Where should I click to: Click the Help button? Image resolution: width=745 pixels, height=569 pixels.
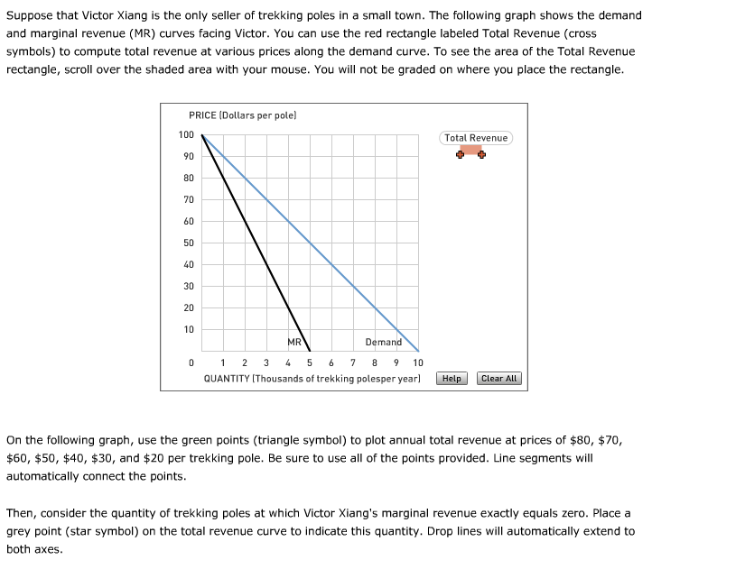(452, 379)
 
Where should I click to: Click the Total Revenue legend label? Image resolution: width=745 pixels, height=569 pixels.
(476, 138)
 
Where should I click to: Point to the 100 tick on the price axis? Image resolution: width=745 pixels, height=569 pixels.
(186, 135)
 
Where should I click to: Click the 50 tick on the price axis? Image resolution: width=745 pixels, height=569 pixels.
(188, 243)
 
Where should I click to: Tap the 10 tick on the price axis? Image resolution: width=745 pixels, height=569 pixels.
(188, 330)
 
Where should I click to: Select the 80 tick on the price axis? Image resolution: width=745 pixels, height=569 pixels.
(188, 179)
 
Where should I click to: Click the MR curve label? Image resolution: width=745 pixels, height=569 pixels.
(294, 343)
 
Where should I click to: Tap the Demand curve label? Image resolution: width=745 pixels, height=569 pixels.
(383, 343)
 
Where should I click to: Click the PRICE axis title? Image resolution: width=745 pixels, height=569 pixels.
(243, 115)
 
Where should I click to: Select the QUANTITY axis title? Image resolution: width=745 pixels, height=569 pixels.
(312, 379)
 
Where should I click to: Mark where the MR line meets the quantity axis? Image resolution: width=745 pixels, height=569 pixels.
(310, 351)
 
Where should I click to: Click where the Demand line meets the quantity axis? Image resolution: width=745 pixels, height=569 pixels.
(418, 351)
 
